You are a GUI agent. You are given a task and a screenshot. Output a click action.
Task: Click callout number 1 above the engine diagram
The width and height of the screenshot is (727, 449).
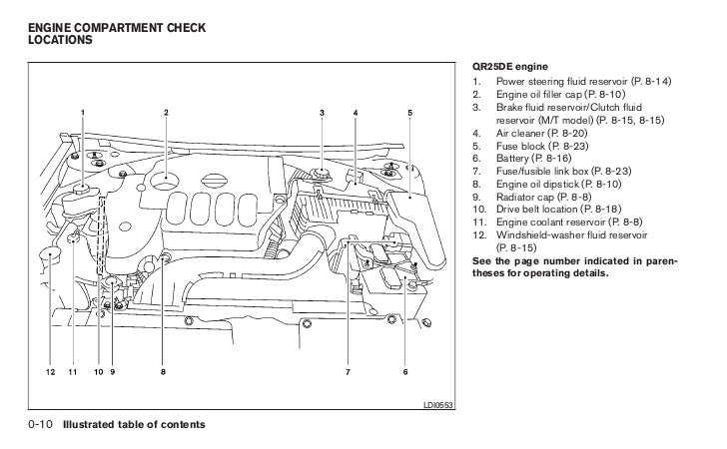[x=83, y=112]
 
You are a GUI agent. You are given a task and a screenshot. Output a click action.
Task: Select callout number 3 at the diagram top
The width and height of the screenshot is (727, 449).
[x=323, y=112]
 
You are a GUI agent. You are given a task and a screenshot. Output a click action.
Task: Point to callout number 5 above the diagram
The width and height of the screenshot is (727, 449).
[x=409, y=112]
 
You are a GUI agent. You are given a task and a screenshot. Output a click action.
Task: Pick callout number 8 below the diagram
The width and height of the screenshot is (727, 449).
[x=163, y=372]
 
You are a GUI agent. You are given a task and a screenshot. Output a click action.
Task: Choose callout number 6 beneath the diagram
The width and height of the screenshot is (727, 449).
[x=406, y=372]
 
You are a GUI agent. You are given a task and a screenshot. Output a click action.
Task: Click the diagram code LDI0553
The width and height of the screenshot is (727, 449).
[x=439, y=406]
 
